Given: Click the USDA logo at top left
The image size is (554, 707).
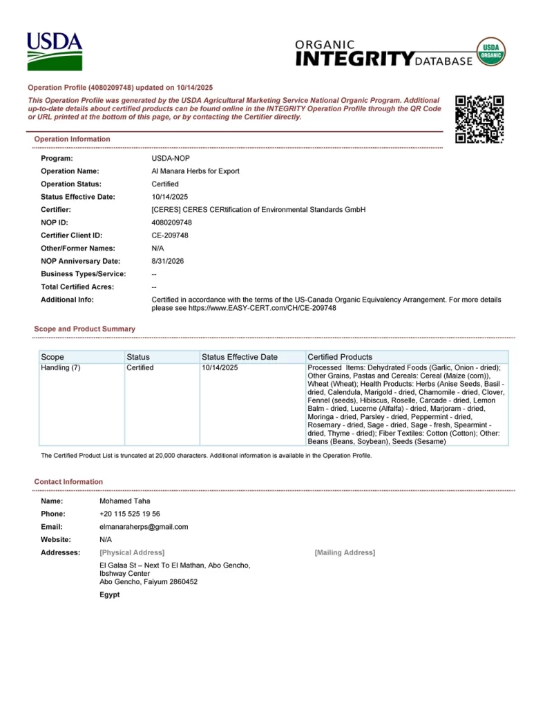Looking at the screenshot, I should click(x=55, y=51).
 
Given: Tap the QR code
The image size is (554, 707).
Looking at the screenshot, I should click(x=479, y=119).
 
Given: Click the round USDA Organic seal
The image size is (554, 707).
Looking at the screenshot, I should click(x=491, y=52).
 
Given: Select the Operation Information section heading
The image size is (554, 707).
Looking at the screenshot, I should click(x=72, y=139).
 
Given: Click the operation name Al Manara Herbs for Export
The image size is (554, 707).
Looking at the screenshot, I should click(x=195, y=171).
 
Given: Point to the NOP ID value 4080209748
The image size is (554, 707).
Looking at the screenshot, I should click(x=171, y=222).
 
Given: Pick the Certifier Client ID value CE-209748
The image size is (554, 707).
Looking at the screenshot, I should click(x=170, y=235).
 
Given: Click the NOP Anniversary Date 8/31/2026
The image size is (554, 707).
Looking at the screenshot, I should click(x=168, y=261).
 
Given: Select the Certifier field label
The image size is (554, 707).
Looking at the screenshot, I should click(x=56, y=209).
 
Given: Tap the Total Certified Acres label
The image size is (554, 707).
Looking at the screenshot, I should click(x=77, y=287).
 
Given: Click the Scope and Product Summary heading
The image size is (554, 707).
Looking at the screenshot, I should click(x=84, y=329).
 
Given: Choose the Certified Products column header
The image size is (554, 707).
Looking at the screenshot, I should click(x=340, y=357).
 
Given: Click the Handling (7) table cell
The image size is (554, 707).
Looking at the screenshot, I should click(x=61, y=368).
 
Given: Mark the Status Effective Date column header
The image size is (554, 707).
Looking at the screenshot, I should click(x=239, y=357).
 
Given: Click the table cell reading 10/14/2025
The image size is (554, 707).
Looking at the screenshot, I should click(x=219, y=368).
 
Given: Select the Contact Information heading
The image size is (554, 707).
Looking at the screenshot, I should click(x=68, y=481).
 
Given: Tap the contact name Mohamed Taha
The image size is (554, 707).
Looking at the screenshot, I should click(x=124, y=501).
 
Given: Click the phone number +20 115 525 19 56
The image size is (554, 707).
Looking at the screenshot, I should click(x=130, y=514).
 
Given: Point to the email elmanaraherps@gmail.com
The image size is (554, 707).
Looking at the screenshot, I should click(x=144, y=527).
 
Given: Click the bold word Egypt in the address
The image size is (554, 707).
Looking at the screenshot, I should click(x=109, y=594).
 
